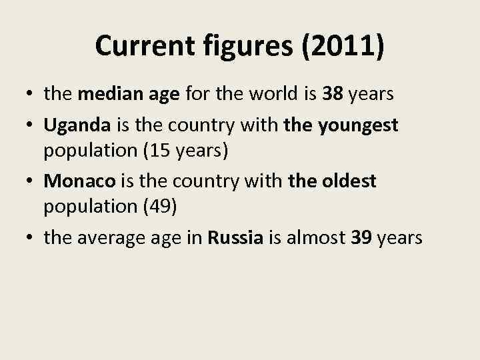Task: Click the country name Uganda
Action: coord(79,123)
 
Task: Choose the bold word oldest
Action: coord(350,181)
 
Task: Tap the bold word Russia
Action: coord(235,238)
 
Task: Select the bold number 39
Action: coord(362,238)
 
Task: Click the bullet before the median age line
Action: coord(31,95)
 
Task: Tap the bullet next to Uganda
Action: coord(31,124)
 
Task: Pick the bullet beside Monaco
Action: coord(31,181)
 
